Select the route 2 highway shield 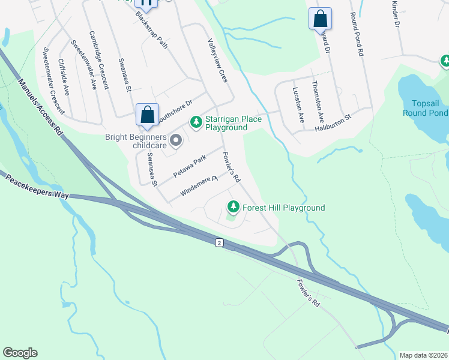click(220, 242)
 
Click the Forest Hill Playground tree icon click(233, 208)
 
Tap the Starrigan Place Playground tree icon click(196, 122)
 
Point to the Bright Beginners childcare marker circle click(176, 140)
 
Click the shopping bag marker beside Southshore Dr click(147, 114)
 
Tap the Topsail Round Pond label click(425, 108)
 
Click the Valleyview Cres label click(217, 61)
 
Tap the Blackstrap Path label click(151, 29)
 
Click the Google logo click(20, 353)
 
